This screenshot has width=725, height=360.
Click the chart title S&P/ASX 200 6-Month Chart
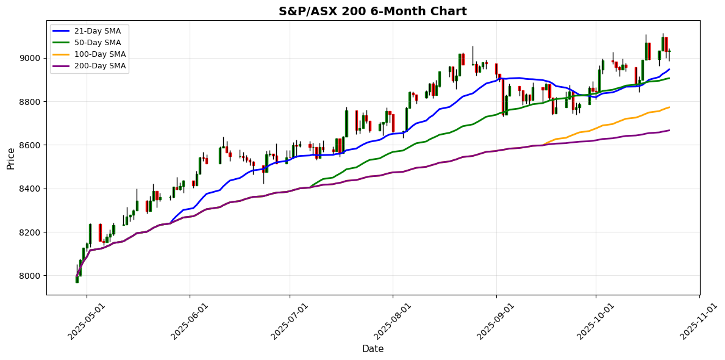(x=373, y=12)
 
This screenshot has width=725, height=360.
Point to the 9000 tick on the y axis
(x=30, y=58)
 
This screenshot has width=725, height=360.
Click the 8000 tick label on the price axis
(x=30, y=276)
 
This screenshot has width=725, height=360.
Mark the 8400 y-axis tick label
(x=30, y=189)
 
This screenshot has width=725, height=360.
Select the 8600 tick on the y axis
(x=30, y=145)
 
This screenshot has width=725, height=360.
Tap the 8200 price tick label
(x=30, y=232)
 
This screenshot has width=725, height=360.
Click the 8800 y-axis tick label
(x=30, y=101)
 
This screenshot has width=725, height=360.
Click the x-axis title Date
(x=373, y=349)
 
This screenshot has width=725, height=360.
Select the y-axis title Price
(x=11, y=157)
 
